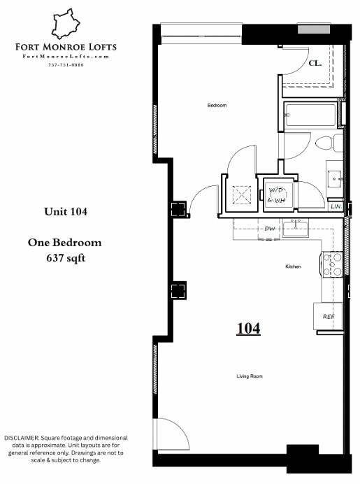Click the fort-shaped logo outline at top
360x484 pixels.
tap(66, 24)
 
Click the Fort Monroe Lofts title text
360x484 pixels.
tap(66, 48)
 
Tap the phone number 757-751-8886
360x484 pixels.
tap(66, 64)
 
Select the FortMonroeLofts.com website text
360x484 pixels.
tap(66, 56)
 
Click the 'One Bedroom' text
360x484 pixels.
tap(65, 243)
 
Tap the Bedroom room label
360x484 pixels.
tap(217, 106)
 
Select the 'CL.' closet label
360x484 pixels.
tap(315, 63)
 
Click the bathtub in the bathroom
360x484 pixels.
tap(310, 115)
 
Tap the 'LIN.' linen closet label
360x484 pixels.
tap(336, 207)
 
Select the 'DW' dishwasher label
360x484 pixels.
tap(269, 229)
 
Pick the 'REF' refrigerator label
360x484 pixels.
tap(328, 316)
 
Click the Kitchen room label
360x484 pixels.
tap(293, 267)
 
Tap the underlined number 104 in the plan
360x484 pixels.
tap(248, 328)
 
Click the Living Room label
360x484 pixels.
tap(249, 376)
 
